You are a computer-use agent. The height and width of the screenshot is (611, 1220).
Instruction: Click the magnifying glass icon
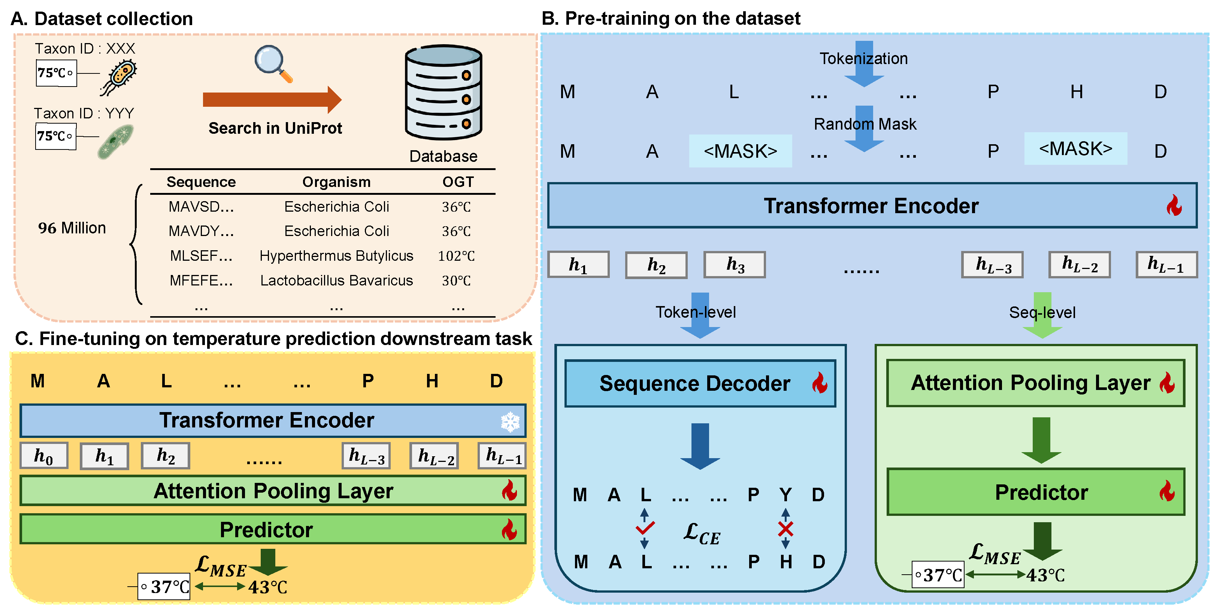point(273,63)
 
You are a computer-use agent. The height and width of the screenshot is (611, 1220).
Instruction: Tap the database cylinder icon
point(443,93)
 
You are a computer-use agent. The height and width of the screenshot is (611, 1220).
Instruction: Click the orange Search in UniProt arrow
point(272,100)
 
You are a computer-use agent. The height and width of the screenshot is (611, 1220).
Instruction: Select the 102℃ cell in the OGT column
point(456,256)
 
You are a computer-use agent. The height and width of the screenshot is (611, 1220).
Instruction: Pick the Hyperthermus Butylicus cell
point(336,256)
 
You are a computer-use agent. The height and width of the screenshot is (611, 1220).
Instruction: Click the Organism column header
point(336,182)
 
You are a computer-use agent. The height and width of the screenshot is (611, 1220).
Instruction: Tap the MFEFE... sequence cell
point(201,280)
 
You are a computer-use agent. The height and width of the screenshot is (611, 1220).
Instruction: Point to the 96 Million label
point(72,228)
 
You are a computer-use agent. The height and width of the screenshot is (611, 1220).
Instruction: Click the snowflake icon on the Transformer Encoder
point(510,421)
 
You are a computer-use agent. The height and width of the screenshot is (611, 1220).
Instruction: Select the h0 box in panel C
point(43,456)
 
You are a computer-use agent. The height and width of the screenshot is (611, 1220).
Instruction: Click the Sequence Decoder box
point(700,383)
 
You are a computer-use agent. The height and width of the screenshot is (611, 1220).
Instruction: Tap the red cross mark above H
point(785,529)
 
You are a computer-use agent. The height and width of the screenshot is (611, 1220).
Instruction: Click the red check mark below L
point(645,527)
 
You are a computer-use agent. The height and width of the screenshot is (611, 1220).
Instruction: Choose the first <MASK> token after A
point(740,151)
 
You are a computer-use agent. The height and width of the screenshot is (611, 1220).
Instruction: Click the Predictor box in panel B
point(1036,491)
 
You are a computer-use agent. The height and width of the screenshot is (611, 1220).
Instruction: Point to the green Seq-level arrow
point(1042,315)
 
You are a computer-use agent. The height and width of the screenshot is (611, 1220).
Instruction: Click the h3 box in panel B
point(735,265)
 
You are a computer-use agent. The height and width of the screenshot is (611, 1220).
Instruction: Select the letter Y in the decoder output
point(785,495)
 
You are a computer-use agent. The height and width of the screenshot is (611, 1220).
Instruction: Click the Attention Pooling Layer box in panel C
point(273,491)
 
